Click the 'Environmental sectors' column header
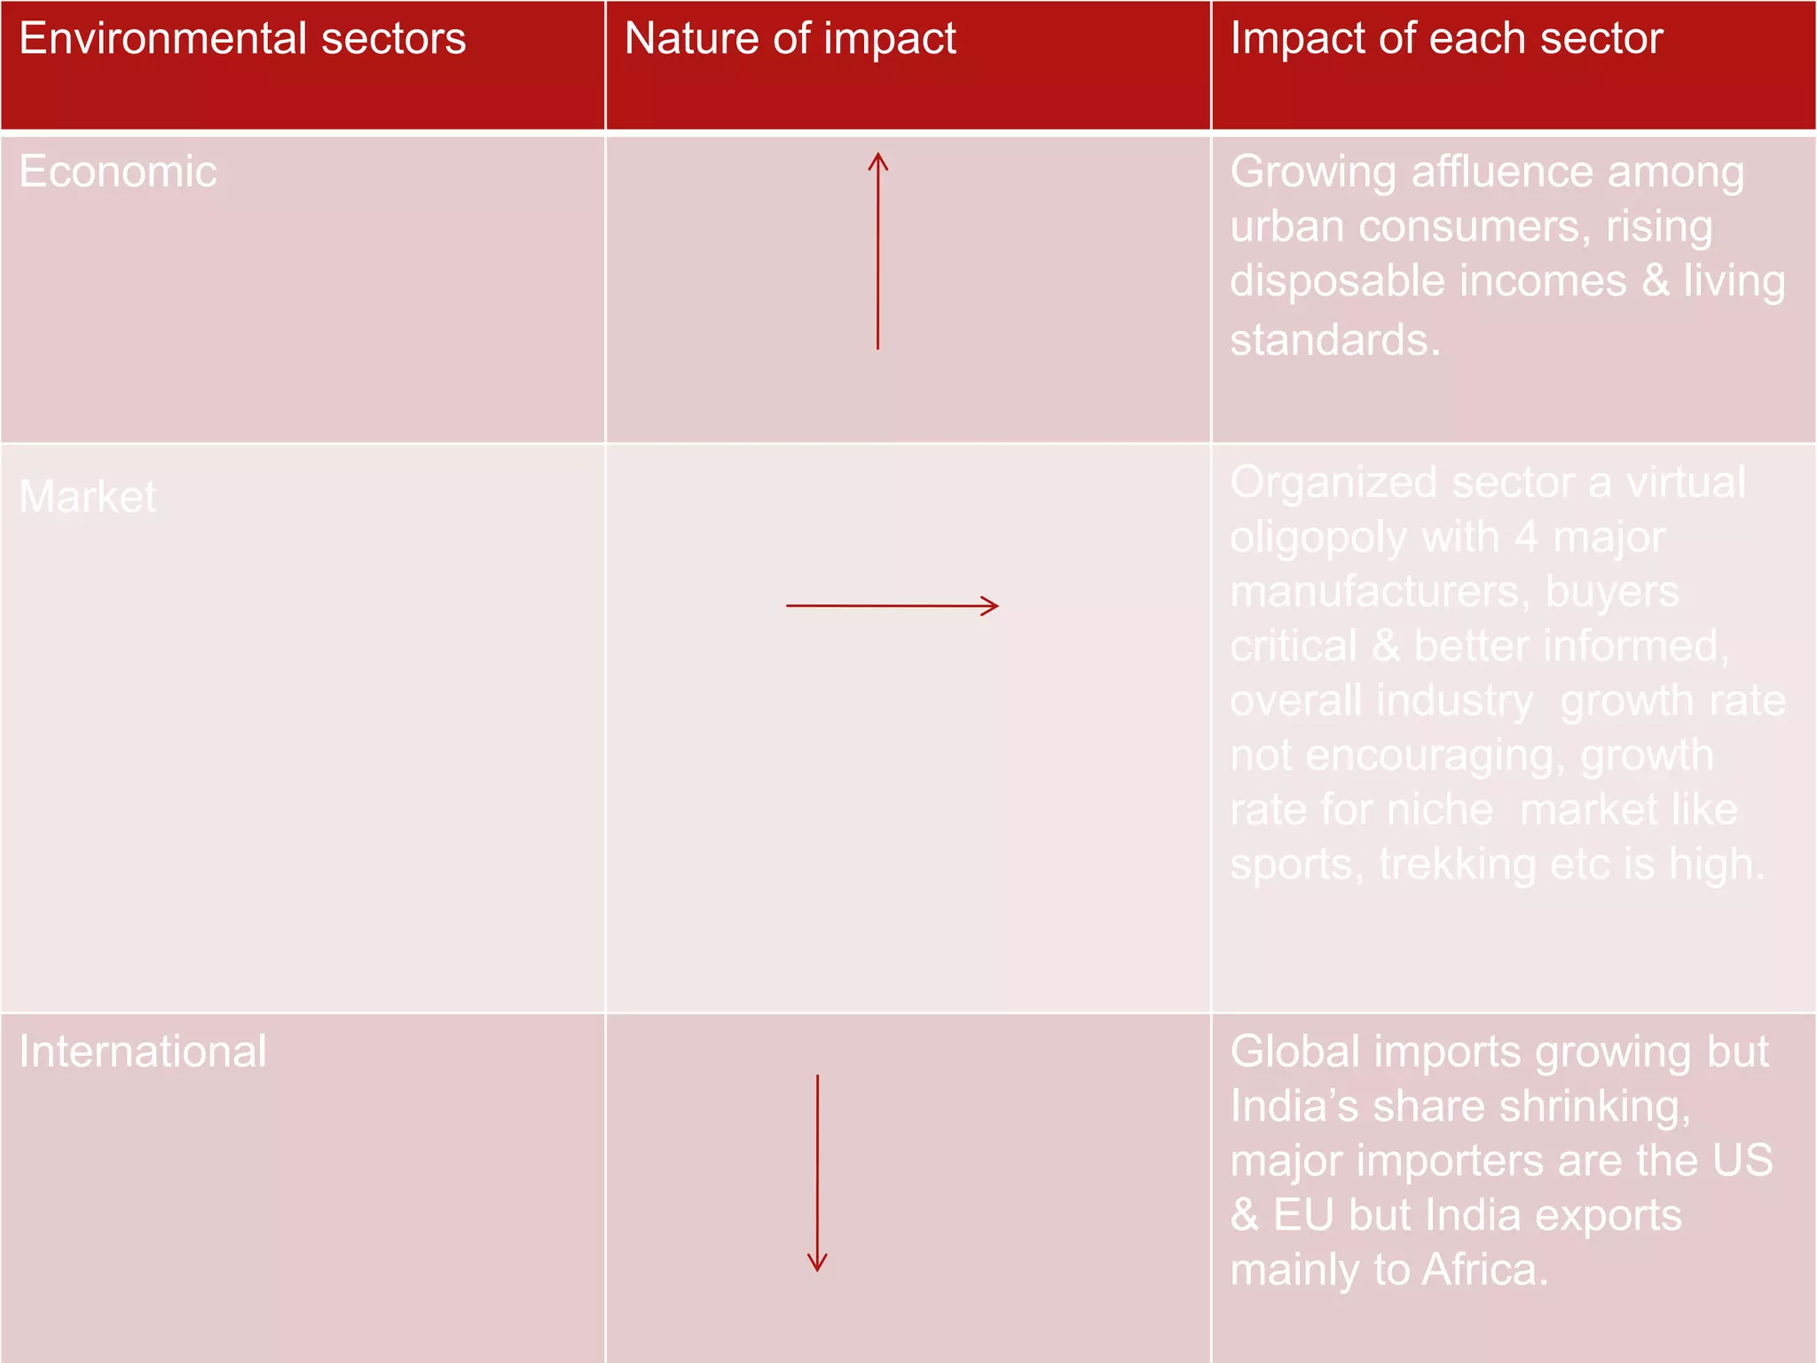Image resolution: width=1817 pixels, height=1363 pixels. click(x=242, y=40)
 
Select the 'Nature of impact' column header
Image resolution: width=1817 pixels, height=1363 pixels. click(x=790, y=40)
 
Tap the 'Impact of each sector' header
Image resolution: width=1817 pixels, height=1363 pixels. click(x=1446, y=40)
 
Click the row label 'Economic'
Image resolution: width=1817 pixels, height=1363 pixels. click(x=118, y=171)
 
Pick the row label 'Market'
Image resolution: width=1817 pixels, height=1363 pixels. click(x=88, y=496)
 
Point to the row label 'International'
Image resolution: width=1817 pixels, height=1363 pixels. click(x=143, y=1052)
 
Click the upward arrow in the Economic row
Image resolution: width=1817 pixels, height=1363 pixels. click(x=878, y=251)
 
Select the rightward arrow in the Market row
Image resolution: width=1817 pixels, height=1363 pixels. click(x=893, y=606)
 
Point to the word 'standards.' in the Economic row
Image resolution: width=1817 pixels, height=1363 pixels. click(x=1335, y=340)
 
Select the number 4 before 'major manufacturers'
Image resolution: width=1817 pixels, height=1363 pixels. click(x=1526, y=537)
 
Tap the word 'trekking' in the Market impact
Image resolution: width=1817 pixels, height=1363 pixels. click(x=1457, y=864)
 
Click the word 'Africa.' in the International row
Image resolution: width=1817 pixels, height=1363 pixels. click(x=1485, y=1270)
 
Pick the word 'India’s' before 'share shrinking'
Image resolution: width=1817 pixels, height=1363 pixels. click(x=1294, y=1107)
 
